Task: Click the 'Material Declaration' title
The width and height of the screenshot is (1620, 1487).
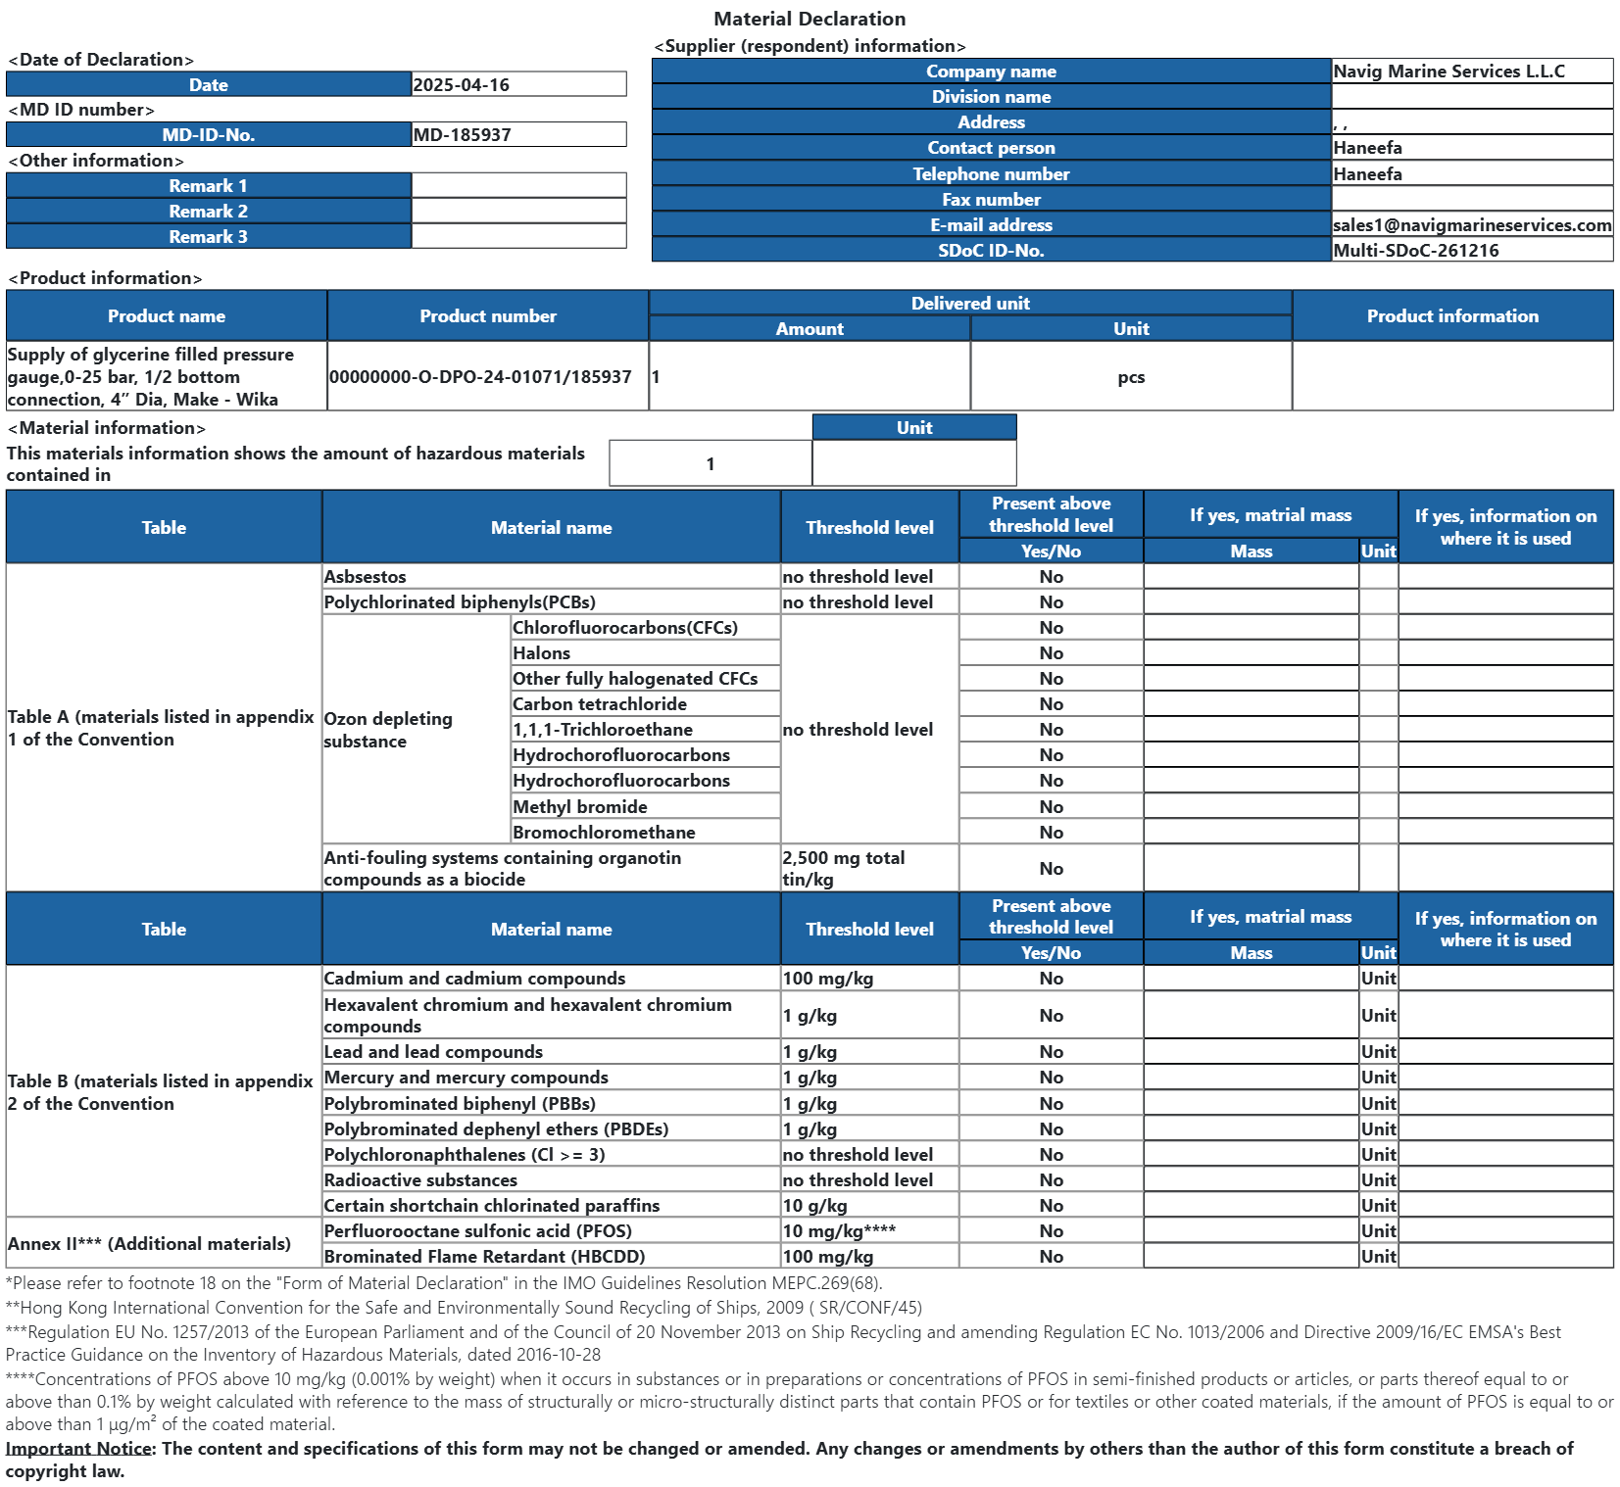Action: (809, 19)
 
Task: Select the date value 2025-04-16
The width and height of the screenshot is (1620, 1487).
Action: (461, 85)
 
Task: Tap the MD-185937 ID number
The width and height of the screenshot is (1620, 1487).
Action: (462, 135)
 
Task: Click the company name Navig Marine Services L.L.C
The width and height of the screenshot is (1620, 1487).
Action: (1448, 72)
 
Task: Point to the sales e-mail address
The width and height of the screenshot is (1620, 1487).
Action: (1471, 225)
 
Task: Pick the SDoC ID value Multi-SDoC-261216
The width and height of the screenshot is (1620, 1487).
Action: (1415, 251)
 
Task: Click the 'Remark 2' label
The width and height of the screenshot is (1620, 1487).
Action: (208, 212)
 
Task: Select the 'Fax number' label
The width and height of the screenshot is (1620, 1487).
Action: (991, 200)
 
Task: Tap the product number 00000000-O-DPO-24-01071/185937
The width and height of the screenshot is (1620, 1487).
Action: (480, 377)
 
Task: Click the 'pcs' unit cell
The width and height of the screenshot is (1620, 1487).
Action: (1130, 377)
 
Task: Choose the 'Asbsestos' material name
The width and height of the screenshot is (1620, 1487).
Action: (365, 577)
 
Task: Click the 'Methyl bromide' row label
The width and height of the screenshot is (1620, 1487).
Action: (579, 807)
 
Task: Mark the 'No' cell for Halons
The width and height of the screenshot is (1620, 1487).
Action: (1051, 653)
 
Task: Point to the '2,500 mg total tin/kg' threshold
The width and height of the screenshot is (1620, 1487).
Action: (843, 869)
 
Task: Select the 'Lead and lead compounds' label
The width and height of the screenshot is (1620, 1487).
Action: (433, 1052)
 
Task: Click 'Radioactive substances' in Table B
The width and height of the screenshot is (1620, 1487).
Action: (420, 1180)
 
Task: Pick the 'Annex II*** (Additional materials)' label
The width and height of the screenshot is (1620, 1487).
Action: (149, 1244)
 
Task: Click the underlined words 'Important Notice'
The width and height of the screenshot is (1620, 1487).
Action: (78, 1449)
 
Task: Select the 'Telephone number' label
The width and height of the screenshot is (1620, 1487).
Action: (991, 174)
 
